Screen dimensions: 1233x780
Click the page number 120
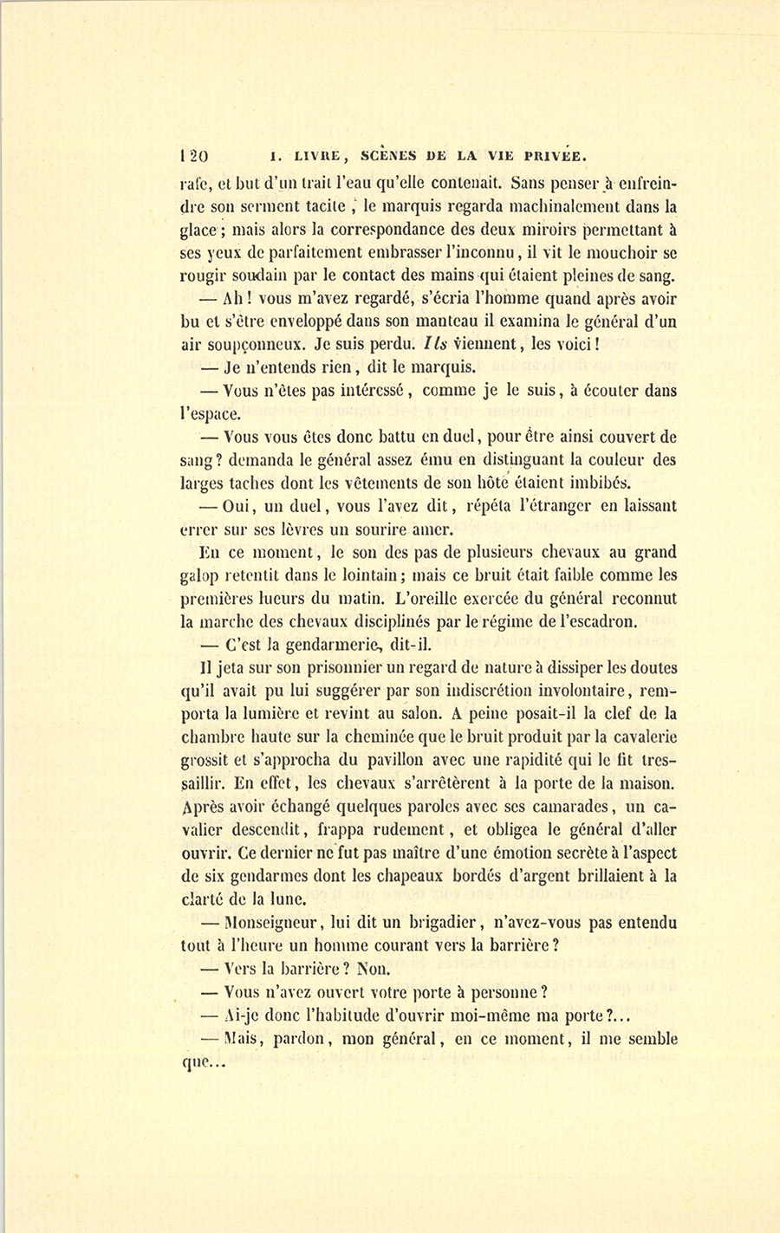pos(191,156)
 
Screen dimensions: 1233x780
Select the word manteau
pos(435,321)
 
